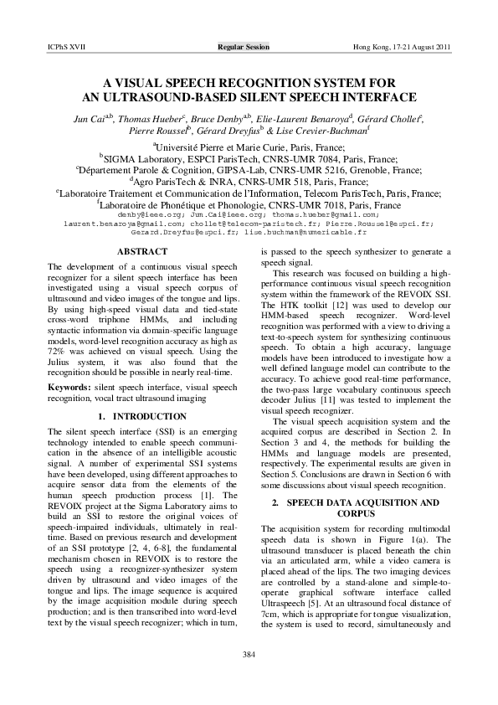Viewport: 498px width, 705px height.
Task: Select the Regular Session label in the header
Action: (244, 47)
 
